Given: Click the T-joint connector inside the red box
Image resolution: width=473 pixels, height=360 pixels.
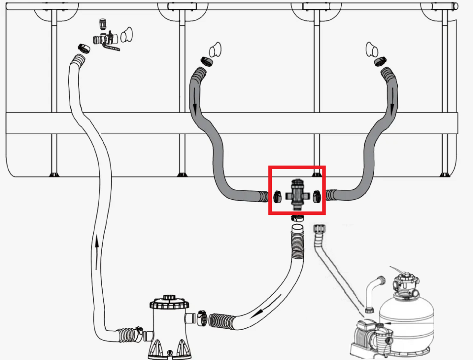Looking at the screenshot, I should [297, 195].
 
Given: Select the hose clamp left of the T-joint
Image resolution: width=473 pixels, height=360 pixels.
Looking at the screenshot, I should [277, 197].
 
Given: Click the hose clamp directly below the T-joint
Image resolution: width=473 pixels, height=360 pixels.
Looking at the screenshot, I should [297, 218].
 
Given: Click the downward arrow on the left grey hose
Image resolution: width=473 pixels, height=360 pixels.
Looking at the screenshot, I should [195, 102].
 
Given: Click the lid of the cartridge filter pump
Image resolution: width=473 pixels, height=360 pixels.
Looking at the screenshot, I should [169, 302].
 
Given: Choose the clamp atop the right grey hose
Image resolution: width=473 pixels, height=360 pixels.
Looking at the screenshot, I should [380, 62].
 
